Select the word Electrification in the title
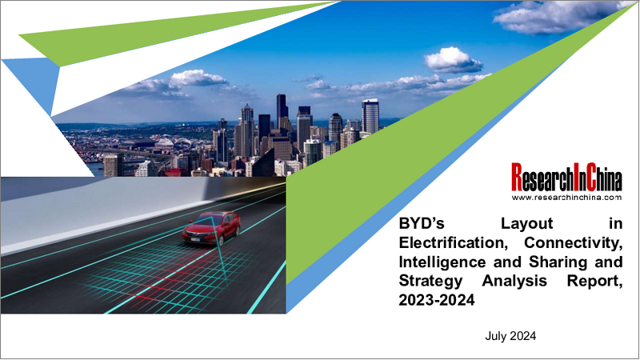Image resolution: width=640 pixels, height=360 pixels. point(449,245)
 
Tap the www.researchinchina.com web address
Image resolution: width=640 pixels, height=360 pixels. point(566,196)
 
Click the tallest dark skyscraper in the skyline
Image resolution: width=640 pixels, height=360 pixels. point(282,112)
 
